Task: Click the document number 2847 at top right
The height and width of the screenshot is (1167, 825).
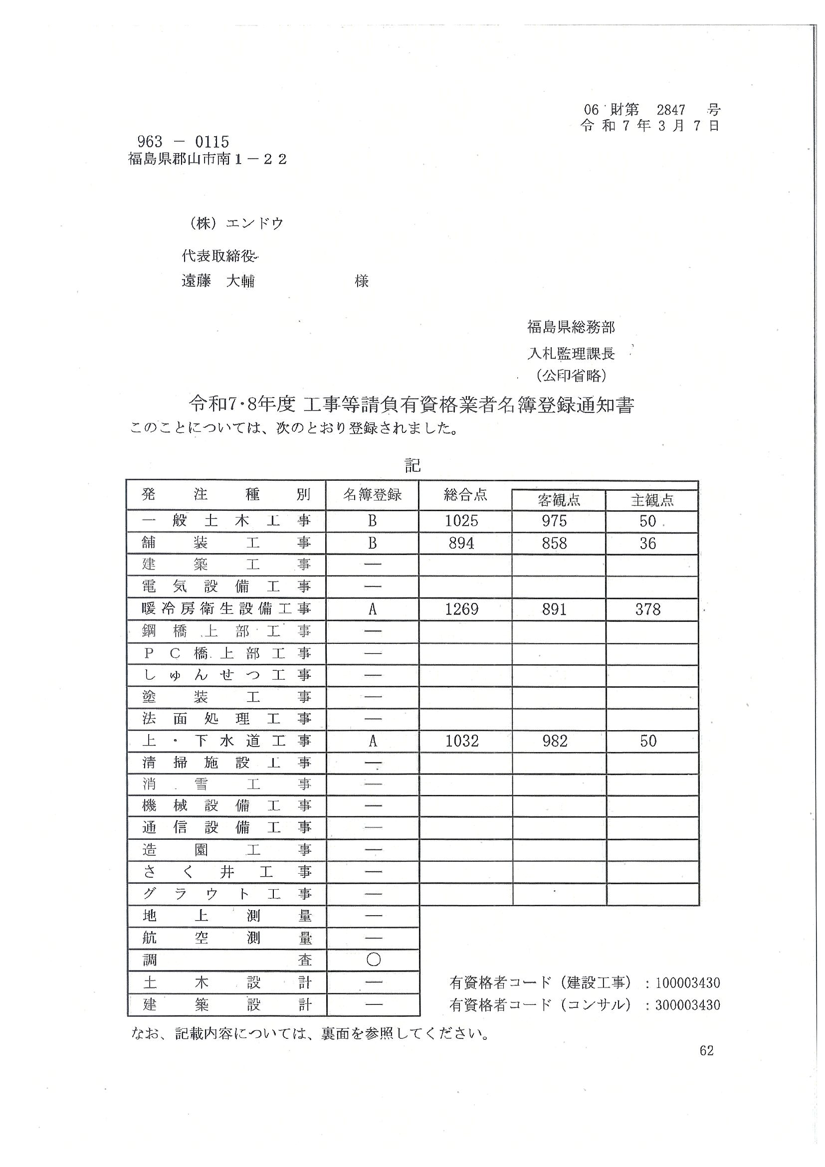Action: [x=670, y=109]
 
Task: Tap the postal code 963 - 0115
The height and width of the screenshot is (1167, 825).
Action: [x=183, y=141]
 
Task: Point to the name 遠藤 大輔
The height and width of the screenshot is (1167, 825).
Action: [x=218, y=281]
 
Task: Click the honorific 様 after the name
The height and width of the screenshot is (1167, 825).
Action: [x=362, y=281]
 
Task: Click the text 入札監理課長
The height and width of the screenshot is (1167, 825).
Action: [x=571, y=353]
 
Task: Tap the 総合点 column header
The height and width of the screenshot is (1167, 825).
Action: [x=465, y=495]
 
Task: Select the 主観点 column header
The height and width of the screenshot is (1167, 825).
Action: [x=652, y=501]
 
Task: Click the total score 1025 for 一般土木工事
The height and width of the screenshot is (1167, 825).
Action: [x=461, y=521]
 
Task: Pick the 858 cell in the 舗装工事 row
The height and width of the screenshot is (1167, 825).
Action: [x=554, y=543]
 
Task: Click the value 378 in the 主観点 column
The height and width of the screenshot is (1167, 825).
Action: [x=647, y=609]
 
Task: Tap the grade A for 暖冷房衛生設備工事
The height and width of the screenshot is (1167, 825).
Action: [x=373, y=609]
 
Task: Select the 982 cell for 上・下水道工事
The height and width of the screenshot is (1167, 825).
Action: [x=555, y=741]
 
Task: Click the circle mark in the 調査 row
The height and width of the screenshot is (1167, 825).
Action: [x=373, y=959]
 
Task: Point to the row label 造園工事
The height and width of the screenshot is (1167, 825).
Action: [x=226, y=849]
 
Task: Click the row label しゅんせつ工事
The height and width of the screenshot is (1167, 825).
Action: [x=226, y=675]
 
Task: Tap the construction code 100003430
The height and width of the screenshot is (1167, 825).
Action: [x=687, y=982]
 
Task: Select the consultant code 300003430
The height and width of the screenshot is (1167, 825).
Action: [x=687, y=1005]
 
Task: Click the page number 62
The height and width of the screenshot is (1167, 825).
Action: [x=707, y=1051]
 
